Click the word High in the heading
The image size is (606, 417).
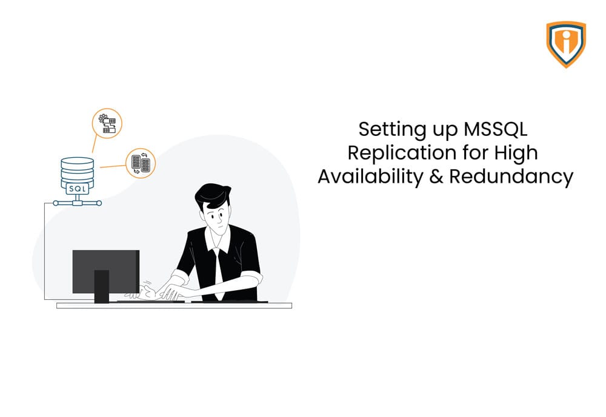click(515, 152)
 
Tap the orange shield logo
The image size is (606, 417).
click(566, 44)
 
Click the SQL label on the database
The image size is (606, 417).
click(78, 189)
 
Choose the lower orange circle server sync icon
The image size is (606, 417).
click(141, 163)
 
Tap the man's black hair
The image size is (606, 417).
click(212, 194)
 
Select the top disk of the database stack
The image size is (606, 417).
click(78, 161)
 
